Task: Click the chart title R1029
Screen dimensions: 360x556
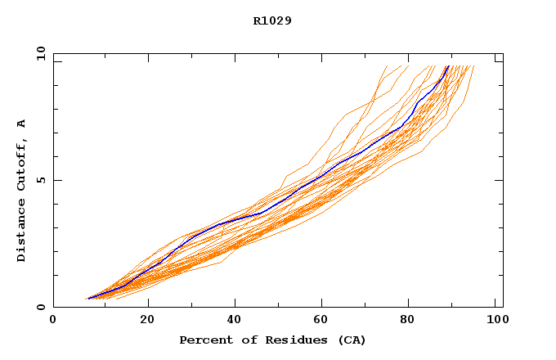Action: [x=272, y=20]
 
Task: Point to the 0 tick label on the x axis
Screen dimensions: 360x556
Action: [x=53, y=320]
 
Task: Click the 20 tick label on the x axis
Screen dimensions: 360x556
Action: [x=146, y=320]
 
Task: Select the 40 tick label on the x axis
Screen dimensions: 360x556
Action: [x=235, y=320]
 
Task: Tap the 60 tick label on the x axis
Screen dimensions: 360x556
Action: [x=323, y=320]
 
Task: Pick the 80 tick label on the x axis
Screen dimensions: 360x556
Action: [x=411, y=320]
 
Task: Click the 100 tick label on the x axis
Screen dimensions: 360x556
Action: [x=495, y=320]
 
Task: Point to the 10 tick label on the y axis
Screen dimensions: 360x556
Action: [x=40, y=54]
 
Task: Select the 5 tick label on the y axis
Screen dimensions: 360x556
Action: [x=40, y=180]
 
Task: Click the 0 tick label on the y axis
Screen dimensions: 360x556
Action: [x=40, y=307]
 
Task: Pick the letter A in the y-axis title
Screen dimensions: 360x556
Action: [x=22, y=124]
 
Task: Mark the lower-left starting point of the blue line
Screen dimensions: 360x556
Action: [x=88, y=299]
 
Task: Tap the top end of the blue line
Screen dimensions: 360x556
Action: [x=448, y=65]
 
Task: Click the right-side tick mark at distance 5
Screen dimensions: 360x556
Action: [x=500, y=180]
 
